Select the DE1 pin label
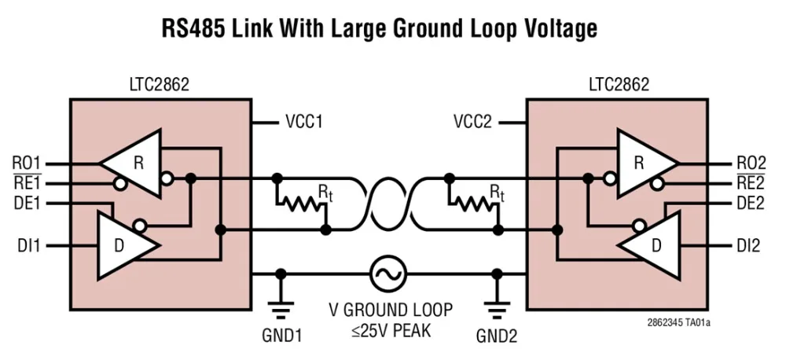tap(28, 204)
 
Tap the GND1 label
tap(281, 336)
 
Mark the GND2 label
tap(497, 336)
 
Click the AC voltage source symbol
tap(389, 274)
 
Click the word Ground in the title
tap(407, 28)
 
